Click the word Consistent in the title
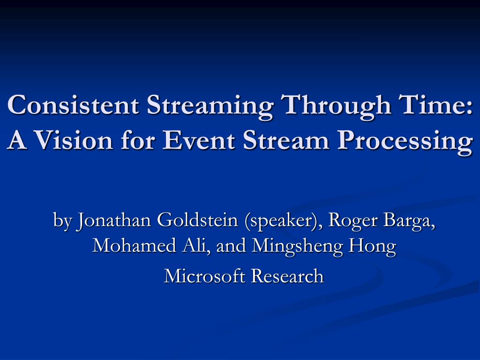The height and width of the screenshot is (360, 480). tap(73, 105)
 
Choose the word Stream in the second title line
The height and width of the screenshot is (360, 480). tap(286, 140)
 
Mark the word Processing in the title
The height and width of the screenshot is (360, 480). tap(405, 142)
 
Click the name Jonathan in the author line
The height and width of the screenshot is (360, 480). tap(114, 220)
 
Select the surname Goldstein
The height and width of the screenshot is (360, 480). tap(197, 219)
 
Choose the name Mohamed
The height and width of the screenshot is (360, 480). tap(135, 245)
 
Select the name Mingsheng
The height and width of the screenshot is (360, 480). tap(297, 247)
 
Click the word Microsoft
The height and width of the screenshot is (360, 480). tap(205, 276)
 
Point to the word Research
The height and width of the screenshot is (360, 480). tap(287, 276)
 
